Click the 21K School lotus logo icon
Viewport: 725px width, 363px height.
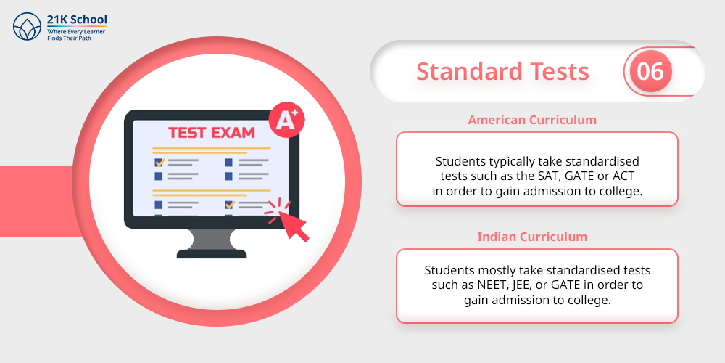pyautogui.click(x=28, y=26)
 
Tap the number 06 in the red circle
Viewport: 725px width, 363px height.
pyautogui.click(x=650, y=71)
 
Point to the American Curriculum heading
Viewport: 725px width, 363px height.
pyautogui.click(x=532, y=120)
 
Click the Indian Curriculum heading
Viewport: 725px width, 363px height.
pyautogui.click(x=532, y=237)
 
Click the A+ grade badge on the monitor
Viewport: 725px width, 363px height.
pyautogui.click(x=286, y=120)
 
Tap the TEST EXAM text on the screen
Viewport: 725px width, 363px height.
pyautogui.click(x=211, y=133)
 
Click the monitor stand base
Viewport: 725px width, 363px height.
pyautogui.click(x=212, y=253)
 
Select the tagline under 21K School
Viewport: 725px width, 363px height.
pyautogui.click(x=76, y=35)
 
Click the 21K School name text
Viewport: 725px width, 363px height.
pyautogui.click(x=77, y=20)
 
